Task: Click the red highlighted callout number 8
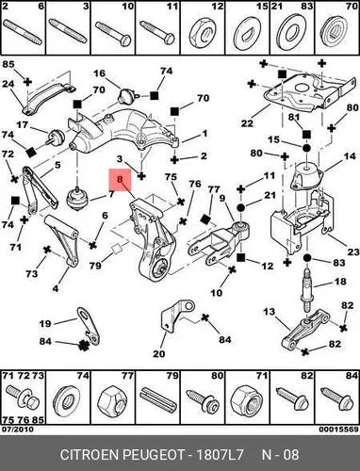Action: (x=120, y=180)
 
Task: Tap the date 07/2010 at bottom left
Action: (x=17, y=430)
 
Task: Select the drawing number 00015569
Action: (x=338, y=430)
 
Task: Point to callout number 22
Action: (x=247, y=123)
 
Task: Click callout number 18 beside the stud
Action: (x=339, y=282)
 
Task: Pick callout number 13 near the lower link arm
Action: (x=270, y=312)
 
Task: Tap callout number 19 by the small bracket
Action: (x=45, y=323)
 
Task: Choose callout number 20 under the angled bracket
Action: (x=159, y=354)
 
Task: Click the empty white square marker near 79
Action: (x=117, y=250)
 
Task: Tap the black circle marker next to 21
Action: (x=240, y=207)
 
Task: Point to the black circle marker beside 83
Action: (x=307, y=258)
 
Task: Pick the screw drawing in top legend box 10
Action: (x=113, y=33)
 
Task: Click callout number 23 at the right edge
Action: (x=353, y=252)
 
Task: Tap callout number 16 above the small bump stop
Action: (x=99, y=73)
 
